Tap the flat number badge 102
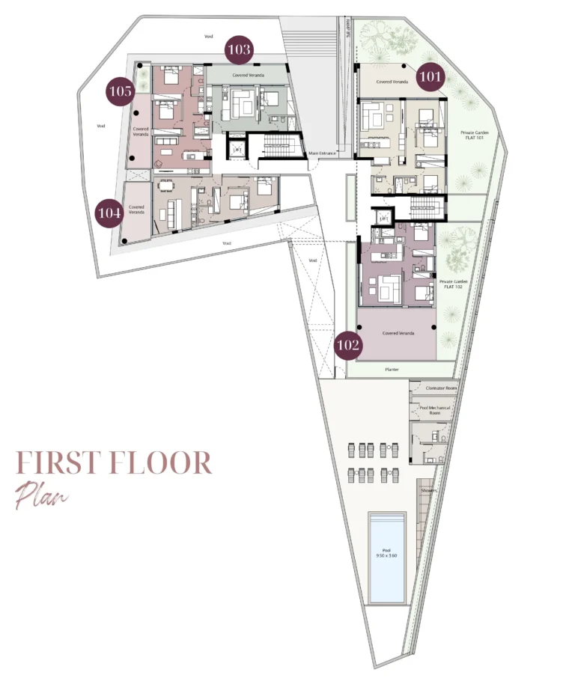coord(348,346)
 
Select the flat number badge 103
coord(240,51)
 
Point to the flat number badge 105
coord(121,91)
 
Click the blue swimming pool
coord(386,557)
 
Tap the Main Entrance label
coord(324,154)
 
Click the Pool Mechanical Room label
coord(433,410)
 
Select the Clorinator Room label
coord(440,389)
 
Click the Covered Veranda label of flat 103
coord(246,76)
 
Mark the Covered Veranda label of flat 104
coord(136,210)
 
